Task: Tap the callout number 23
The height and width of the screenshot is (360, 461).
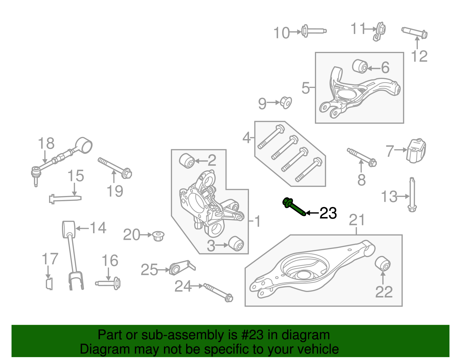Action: pos(328,214)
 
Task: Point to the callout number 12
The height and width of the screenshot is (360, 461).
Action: pos(419,56)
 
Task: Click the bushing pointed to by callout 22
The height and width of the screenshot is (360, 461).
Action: pos(383,263)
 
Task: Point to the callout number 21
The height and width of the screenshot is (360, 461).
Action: pos(357,220)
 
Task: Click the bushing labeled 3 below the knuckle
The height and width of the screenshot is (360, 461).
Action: pos(236,244)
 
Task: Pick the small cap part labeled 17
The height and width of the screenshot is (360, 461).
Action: pos(49,284)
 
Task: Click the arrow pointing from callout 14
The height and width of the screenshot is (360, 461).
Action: pos(82,229)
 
